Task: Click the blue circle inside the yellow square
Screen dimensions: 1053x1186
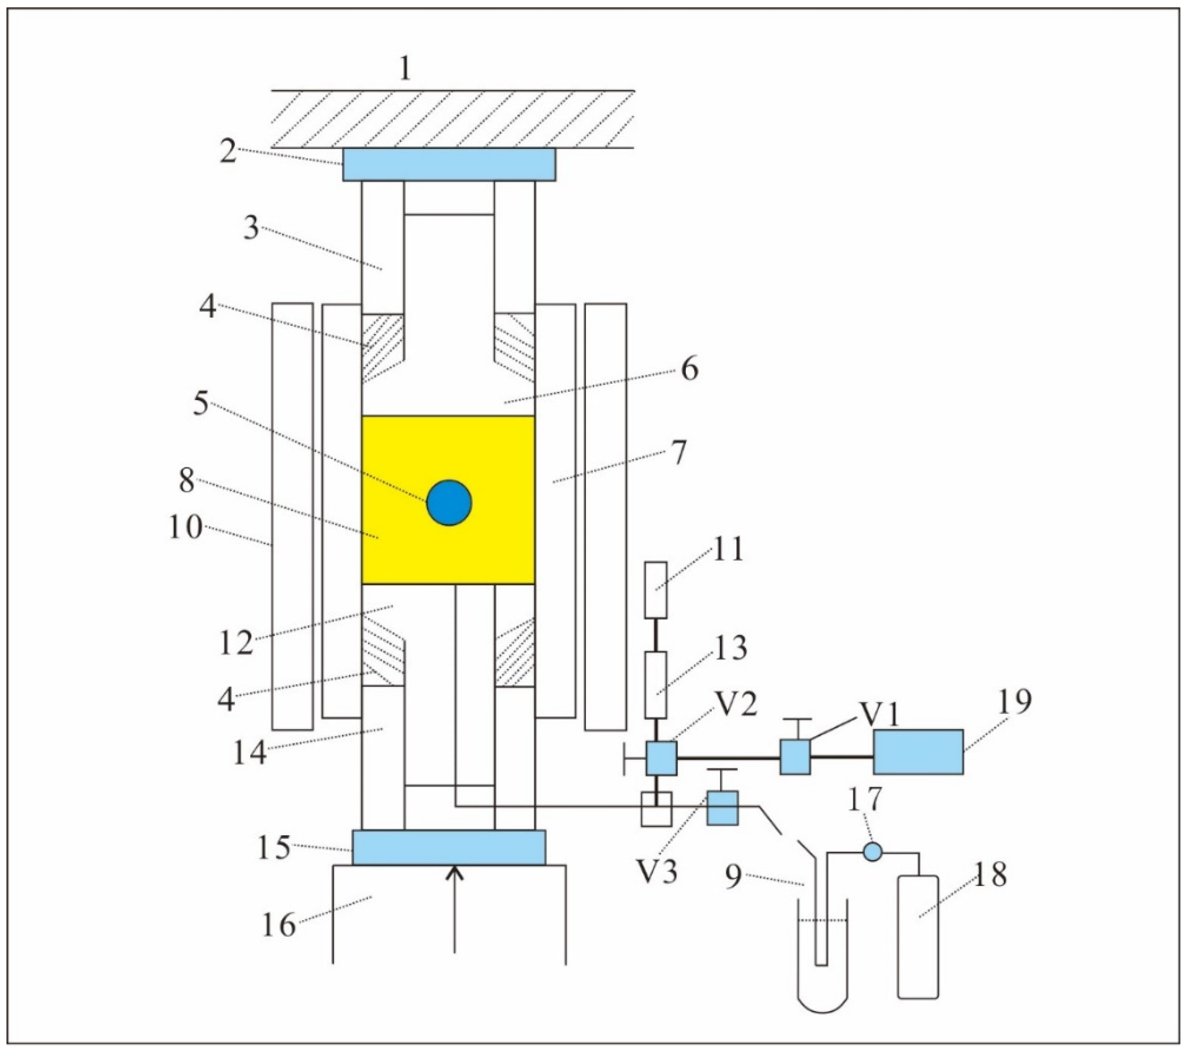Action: (449, 503)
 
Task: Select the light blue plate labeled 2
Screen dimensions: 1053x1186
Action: (449, 164)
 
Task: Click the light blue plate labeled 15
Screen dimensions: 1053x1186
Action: (449, 847)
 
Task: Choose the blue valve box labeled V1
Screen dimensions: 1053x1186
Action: (795, 757)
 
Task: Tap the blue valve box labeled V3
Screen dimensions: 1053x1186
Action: (723, 808)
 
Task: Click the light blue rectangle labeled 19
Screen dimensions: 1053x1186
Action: (918, 752)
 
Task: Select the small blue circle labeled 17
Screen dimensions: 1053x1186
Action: (872, 852)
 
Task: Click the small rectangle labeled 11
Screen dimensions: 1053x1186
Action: (656, 590)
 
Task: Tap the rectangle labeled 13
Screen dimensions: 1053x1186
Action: (656, 685)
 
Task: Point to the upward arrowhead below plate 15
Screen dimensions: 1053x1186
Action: (454, 873)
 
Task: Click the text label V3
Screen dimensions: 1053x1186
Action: (656, 871)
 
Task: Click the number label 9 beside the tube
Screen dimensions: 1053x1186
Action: (733, 876)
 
